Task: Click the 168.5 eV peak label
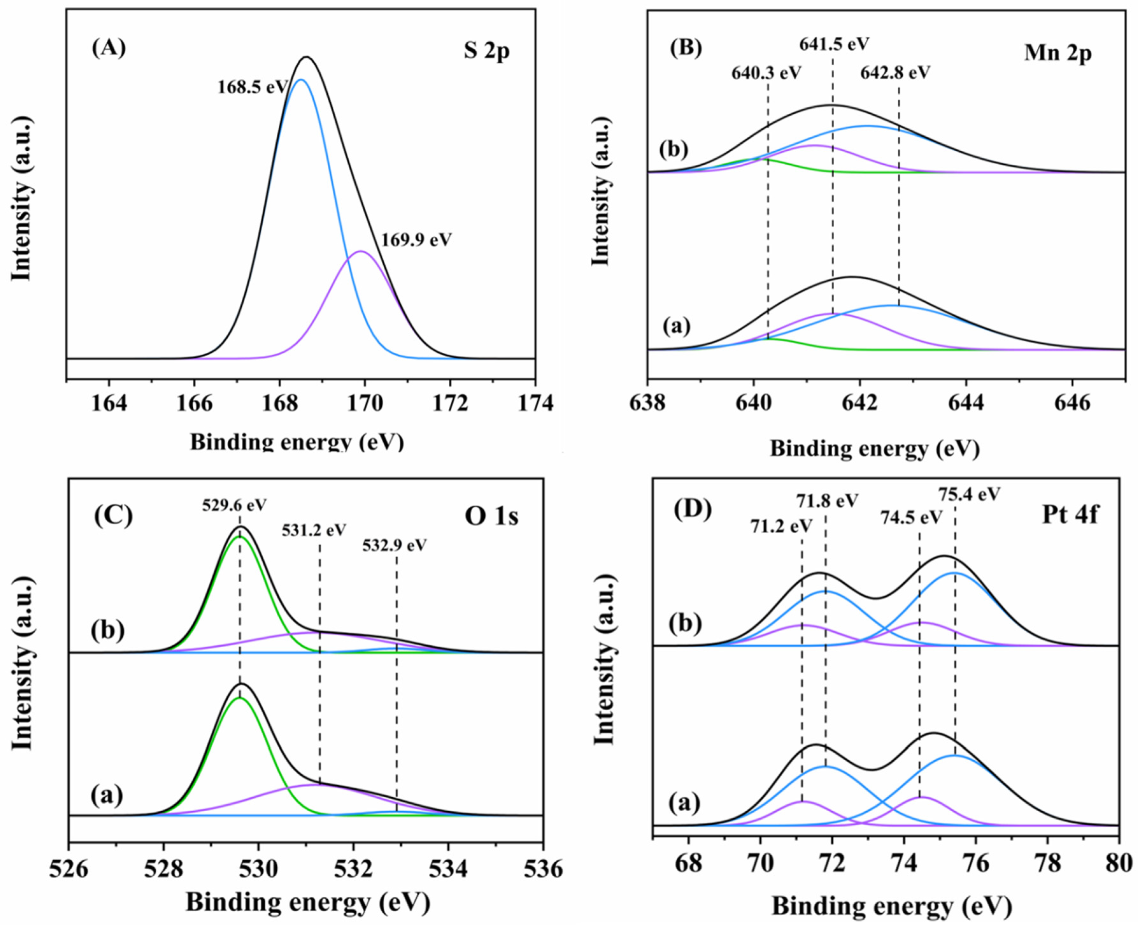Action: [252, 87]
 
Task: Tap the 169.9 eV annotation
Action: [416, 240]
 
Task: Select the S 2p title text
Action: [486, 52]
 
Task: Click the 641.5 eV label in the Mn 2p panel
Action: [834, 44]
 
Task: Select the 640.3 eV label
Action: [766, 73]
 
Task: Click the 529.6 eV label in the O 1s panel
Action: [234, 505]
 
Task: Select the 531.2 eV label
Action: [314, 530]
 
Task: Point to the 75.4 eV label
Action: [969, 494]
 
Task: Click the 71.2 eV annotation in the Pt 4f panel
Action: [781, 526]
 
